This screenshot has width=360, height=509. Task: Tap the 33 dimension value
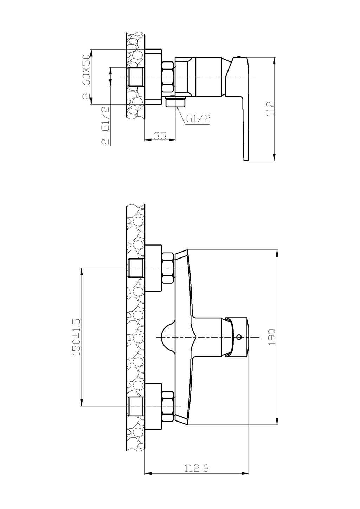160,136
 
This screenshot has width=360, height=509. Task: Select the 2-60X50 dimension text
86,77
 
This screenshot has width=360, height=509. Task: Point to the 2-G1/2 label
105,125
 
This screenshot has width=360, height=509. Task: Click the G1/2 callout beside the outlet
198,118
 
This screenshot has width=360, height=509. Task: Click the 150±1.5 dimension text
77,337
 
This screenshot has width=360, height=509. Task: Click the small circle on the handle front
239,337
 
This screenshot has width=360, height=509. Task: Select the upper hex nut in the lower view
168,268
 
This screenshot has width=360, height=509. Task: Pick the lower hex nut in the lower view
168,406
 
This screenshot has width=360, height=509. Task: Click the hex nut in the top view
168,77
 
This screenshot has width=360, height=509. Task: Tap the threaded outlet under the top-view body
175,103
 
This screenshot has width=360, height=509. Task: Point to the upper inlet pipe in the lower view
136,268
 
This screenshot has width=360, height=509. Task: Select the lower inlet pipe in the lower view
136,406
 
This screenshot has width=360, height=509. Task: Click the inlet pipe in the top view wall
136,77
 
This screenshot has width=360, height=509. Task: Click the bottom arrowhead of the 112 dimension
274,158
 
